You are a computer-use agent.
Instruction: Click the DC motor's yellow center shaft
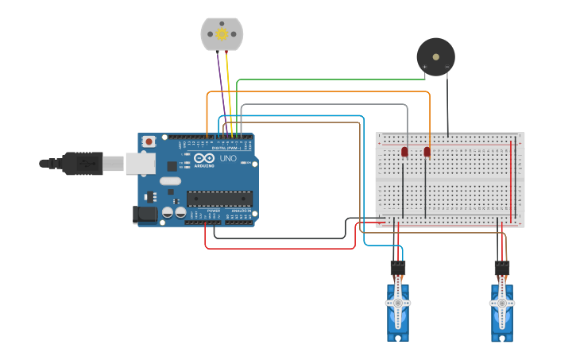[222, 34]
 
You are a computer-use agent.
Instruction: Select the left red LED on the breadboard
[404, 151]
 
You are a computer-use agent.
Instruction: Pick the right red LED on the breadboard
[427, 151]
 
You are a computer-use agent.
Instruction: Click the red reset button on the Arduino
[149, 141]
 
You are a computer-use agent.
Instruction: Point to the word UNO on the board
[229, 159]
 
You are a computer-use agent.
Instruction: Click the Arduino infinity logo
[204, 158]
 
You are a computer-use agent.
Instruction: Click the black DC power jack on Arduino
[145, 213]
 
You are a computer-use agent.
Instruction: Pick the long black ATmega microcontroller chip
[219, 199]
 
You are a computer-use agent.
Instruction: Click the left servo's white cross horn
[398, 303]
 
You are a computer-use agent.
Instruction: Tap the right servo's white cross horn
[501, 303]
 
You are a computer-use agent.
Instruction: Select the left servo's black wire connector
[398, 268]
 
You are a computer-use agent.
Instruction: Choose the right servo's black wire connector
[501, 268]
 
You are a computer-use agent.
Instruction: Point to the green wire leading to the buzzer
[334, 79]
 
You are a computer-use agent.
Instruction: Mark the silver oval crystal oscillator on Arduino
[170, 181]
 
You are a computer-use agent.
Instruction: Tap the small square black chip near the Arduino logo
[172, 166]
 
